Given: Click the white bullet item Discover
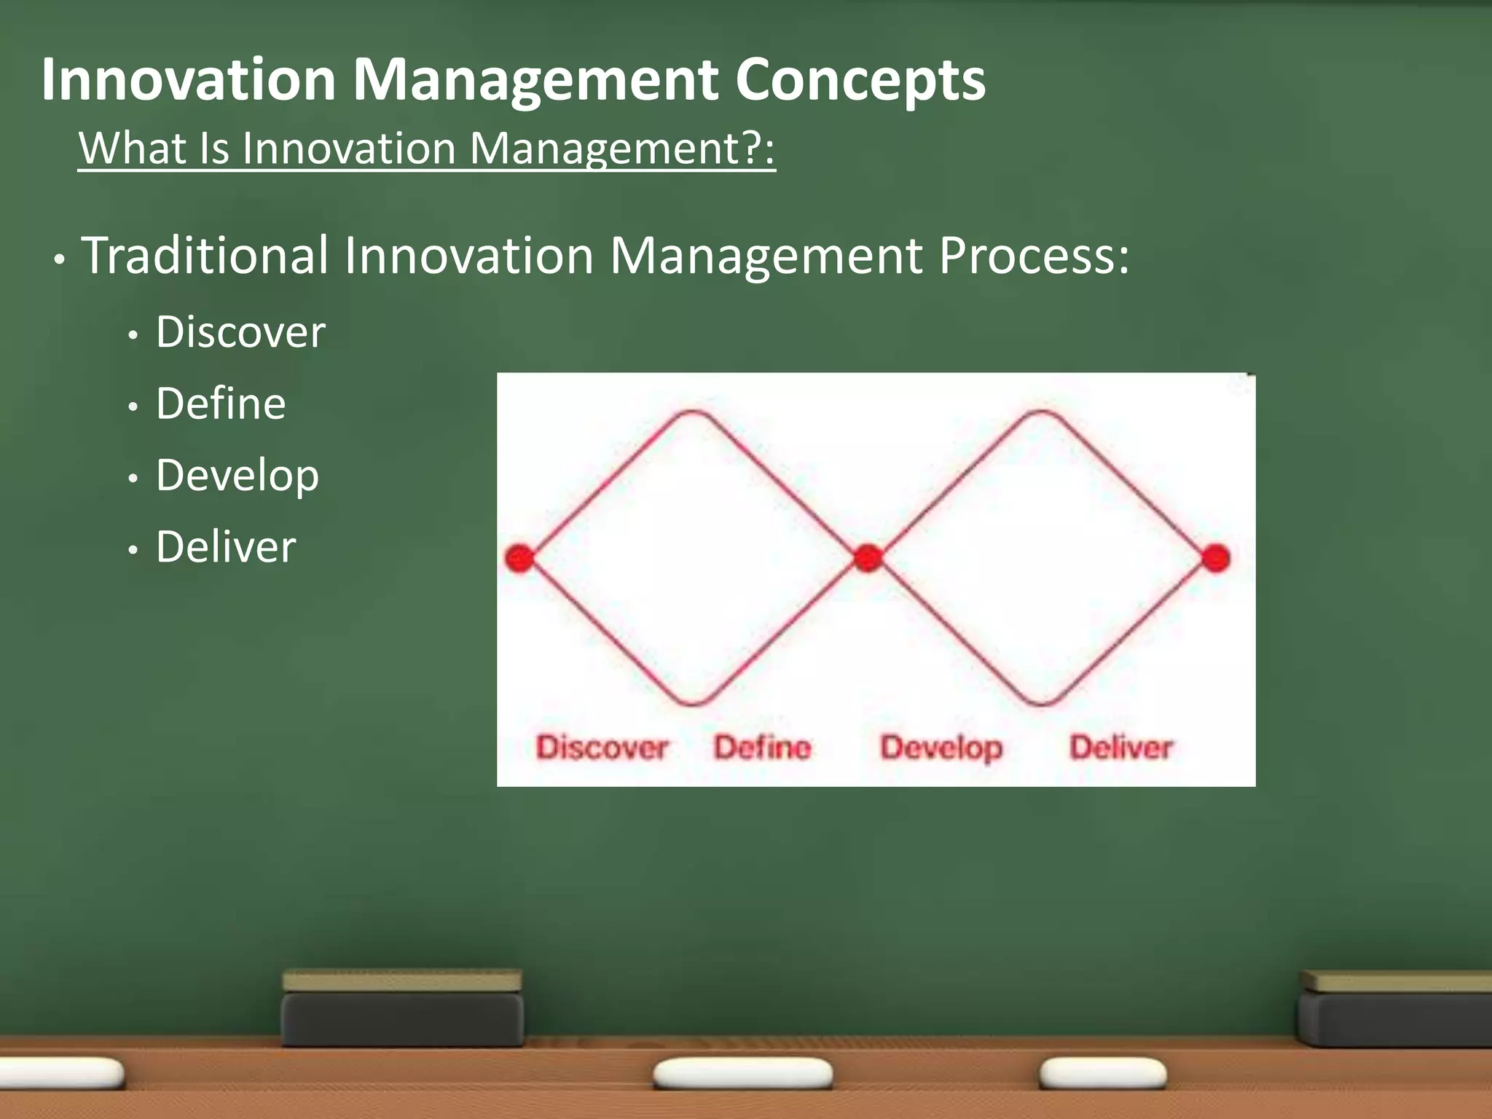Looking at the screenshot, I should (x=240, y=333).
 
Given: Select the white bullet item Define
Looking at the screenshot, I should (x=221, y=404).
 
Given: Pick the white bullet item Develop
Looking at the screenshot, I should (x=237, y=476).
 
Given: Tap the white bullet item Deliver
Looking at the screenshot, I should (x=226, y=547).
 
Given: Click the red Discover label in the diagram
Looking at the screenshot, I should (x=602, y=747).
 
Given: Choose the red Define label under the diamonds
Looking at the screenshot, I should (x=762, y=747).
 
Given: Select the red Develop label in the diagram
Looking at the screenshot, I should (x=941, y=747).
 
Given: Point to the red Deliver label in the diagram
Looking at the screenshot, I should (x=1120, y=747).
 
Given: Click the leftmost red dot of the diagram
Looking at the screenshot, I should (x=520, y=559).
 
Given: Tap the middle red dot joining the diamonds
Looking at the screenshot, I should (x=868, y=559).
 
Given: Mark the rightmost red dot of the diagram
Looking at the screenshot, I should (x=1215, y=559).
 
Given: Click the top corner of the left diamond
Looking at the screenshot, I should (x=693, y=413).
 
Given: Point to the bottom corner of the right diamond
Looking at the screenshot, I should (x=1041, y=704).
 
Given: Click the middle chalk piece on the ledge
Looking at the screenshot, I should (x=742, y=1073).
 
